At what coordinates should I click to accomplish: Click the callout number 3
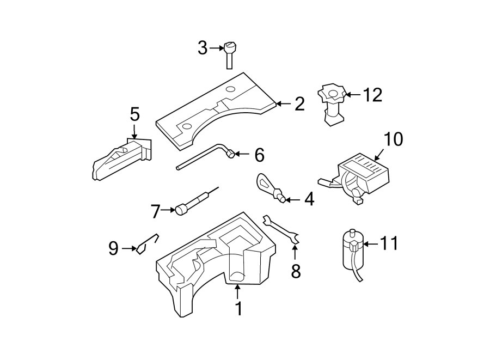point(203,49)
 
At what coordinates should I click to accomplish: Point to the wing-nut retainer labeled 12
point(332,103)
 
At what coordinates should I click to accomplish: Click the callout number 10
point(394,139)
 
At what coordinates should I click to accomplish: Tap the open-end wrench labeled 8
point(281,229)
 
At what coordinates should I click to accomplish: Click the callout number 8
point(296,271)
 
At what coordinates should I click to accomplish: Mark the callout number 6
point(259,155)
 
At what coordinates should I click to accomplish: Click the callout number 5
point(134,114)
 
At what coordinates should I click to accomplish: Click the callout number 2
point(299,104)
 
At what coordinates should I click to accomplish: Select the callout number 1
point(238,309)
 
